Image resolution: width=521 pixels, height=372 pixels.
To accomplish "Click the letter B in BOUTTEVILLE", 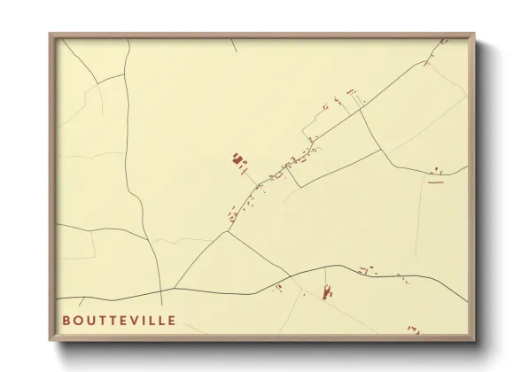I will tap(66, 320).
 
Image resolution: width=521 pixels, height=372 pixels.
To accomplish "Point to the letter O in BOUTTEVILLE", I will tap(79, 320).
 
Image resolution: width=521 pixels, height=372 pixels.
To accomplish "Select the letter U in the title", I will tap(91, 320).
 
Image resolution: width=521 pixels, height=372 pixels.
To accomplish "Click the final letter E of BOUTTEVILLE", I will tap(172, 320).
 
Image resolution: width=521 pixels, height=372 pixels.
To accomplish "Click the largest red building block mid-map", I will tap(237, 160).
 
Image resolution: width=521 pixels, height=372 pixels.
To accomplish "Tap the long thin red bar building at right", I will tap(435, 182).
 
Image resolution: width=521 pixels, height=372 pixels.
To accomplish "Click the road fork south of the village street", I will tap(228, 232).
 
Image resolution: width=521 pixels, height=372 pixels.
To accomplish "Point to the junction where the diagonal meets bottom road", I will tap(175, 288).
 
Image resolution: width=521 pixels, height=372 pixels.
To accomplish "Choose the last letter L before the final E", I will tap(162, 320).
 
